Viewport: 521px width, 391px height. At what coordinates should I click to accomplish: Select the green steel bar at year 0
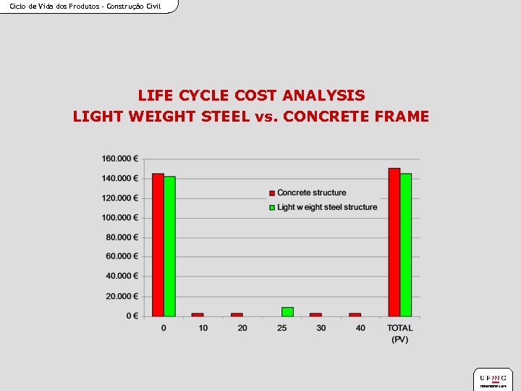[169, 246]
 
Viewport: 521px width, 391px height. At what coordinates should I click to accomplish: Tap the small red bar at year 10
[198, 314]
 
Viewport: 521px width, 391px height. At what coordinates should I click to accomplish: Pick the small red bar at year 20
[237, 314]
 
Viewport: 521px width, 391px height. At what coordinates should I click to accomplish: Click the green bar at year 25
[287, 311]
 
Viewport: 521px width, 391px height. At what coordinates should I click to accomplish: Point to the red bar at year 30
[315, 314]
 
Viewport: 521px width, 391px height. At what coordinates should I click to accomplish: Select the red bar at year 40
[355, 314]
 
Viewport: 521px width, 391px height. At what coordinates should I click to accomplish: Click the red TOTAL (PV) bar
[394, 242]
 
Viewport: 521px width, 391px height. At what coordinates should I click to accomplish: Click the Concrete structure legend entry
[311, 193]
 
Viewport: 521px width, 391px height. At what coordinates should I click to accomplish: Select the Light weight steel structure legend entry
[326, 207]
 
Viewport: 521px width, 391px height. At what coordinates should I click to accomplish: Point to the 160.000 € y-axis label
[120, 159]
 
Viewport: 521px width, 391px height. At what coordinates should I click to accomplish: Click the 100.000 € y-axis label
[120, 217]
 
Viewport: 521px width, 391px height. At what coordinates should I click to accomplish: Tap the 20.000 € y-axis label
[122, 296]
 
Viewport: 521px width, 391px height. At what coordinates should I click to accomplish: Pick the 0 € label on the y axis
[132, 316]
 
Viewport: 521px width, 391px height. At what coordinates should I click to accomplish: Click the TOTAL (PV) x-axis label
[400, 333]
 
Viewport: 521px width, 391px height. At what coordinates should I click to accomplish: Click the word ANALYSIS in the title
[324, 96]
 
